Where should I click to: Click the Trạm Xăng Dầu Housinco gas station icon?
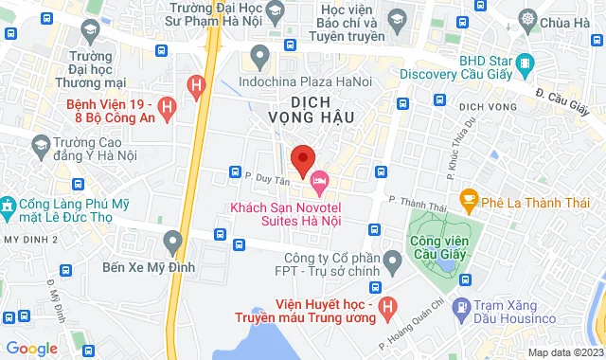click(460, 307)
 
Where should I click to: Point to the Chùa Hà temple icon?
click(527, 22)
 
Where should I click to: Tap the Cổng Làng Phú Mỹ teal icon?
click(8, 205)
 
